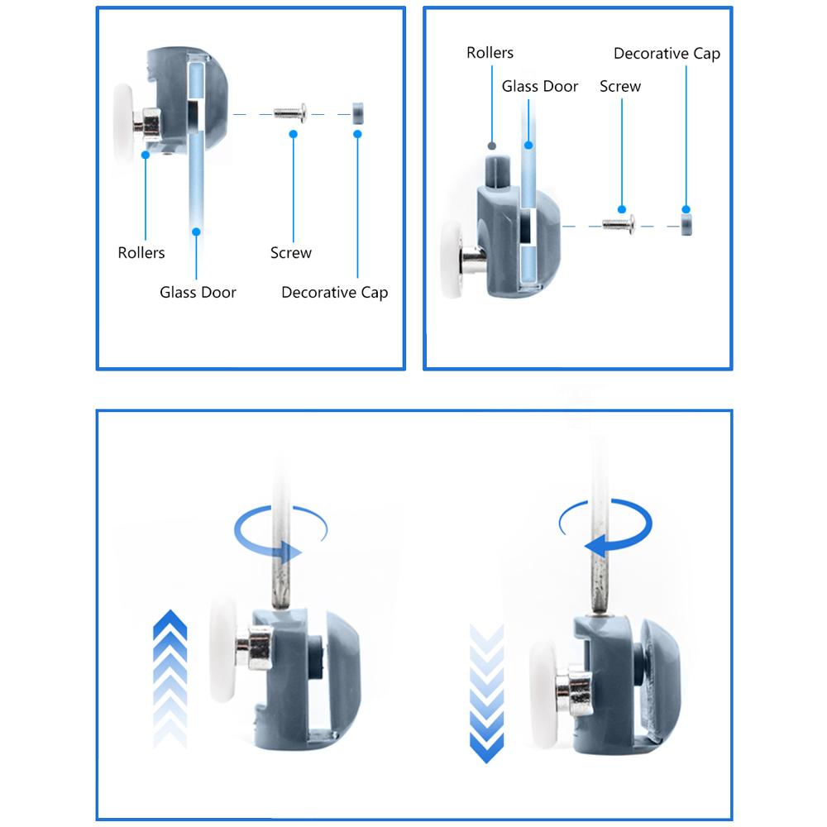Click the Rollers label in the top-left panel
coord(141,252)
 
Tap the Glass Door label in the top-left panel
coord(198,292)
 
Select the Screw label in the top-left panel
coord(290,252)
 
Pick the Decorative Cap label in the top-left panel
coord(334,293)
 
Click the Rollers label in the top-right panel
coord(490,53)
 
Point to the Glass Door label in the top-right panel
coord(539,86)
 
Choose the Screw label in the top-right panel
coord(620,86)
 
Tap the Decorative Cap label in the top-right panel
coord(667,54)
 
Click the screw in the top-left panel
coord(290,112)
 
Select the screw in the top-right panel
coord(619,225)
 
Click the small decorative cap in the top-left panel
coord(357,113)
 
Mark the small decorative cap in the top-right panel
coord(686,225)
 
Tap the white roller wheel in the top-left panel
coord(123,123)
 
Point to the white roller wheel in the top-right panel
coord(452,259)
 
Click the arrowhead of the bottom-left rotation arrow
coord(291,552)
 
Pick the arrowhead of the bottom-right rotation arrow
coord(596,545)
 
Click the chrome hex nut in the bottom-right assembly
coord(575,690)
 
